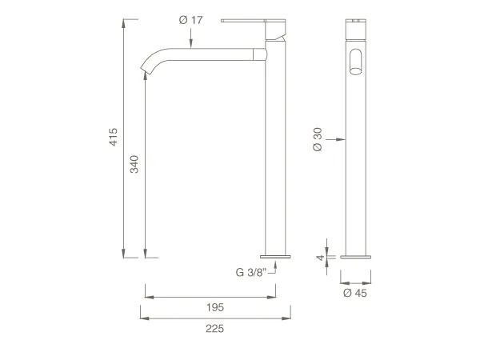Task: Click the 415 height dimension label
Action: click(x=114, y=137)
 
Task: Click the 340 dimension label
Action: click(x=134, y=164)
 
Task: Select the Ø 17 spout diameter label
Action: click(x=190, y=20)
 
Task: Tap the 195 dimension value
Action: click(x=215, y=307)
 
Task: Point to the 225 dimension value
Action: click(x=215, y=329)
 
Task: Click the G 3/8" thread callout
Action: click(x=251, y=272)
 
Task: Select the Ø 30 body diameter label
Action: click(x=318, y=139)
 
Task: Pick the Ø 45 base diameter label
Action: click(x=355, y=293)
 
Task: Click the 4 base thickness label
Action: click(x=320, y=258)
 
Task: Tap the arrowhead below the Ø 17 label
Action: click(x=190, y=44)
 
